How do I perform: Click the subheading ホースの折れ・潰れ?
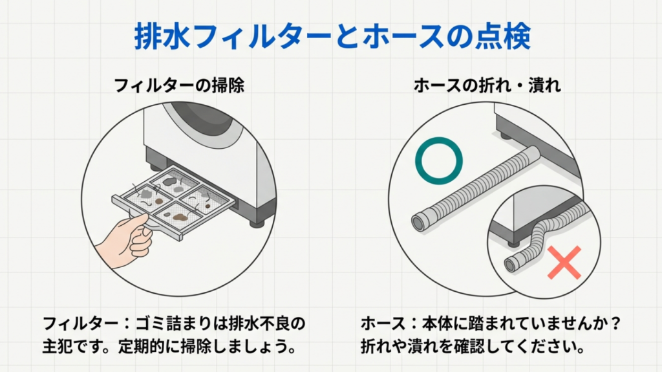[487, 85]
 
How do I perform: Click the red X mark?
[563, 262]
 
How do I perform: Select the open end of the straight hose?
[419, 221]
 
